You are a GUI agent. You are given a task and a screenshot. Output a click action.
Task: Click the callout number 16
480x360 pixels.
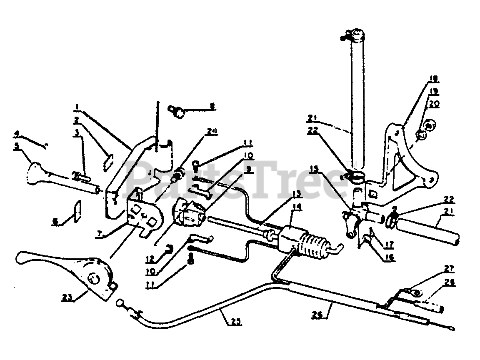coord(390,257)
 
